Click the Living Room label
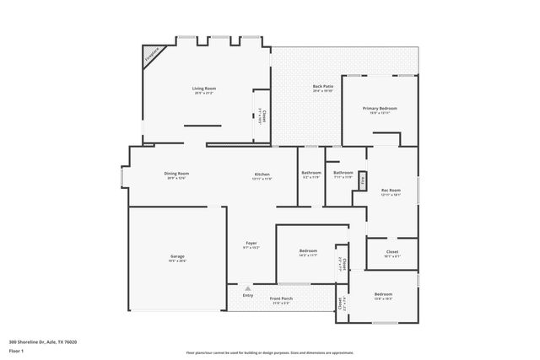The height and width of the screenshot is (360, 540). coord(204,89)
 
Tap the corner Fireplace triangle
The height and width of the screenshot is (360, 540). coord(151,56)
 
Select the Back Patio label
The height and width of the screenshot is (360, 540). coord(322,87)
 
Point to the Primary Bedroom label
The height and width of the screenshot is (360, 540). coord(380,109)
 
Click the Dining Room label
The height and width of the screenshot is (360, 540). coord(177,174)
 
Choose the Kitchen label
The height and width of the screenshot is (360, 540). coord(262,175)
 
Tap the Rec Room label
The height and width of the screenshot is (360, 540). coord(391,191)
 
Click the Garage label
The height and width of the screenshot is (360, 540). coord(177,256)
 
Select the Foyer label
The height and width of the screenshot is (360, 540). coord(251,243)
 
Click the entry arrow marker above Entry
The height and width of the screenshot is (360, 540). coord(247,287)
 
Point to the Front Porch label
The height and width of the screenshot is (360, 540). coord(282,298)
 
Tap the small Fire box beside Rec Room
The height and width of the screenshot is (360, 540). coord(363,180)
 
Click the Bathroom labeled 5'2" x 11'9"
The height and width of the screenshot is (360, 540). coord(311,174)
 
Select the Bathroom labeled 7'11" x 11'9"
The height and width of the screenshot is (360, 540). coord(343,174)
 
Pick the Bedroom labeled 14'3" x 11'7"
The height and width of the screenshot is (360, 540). coord(308,251)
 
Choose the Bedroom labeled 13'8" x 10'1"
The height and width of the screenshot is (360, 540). coord(383,294)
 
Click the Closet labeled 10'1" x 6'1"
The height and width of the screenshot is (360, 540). coord(392,251)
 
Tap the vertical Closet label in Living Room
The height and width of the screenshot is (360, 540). coord(263,116)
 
